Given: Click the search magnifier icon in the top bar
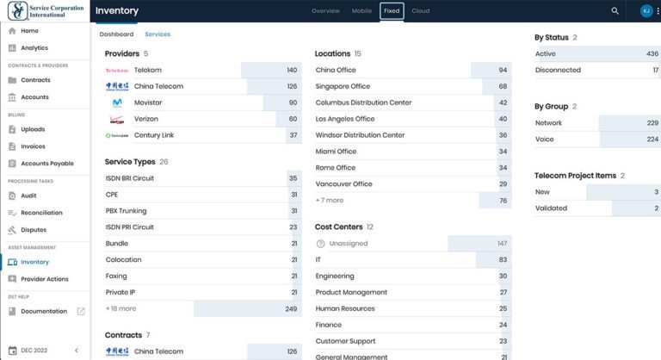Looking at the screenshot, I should tap(615, 11).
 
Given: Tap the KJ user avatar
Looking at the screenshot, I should tap(646, 11).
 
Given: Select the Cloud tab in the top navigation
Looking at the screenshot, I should tap(421, 11).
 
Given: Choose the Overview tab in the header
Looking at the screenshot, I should tap(325, 11).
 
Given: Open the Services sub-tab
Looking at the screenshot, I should tap(158, 34).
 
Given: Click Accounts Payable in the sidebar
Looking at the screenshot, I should tap(47, 163).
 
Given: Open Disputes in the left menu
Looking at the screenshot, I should tap(34, 229).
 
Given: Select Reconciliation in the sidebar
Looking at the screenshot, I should tap(41, 213).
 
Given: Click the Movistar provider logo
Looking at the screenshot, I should tap(117, 102).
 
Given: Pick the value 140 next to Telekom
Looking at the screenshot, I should tap(292, 70).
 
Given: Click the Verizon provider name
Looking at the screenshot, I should tap(146, 119).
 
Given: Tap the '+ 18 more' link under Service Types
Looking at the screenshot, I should tap(120, 308).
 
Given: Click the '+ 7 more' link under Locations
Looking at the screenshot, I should tap(330, 200).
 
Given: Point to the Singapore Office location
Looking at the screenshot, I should tap(343, 86).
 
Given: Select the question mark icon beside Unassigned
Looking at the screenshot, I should tap(321, 244).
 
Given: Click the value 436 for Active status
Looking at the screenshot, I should tap(652, 53).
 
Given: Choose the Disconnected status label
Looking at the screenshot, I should tap(558, 70).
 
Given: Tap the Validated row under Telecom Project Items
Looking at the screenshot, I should tap(551, 208).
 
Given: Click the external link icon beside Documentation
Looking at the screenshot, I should tap(81, 311).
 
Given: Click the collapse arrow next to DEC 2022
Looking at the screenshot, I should tap(76, 351).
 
